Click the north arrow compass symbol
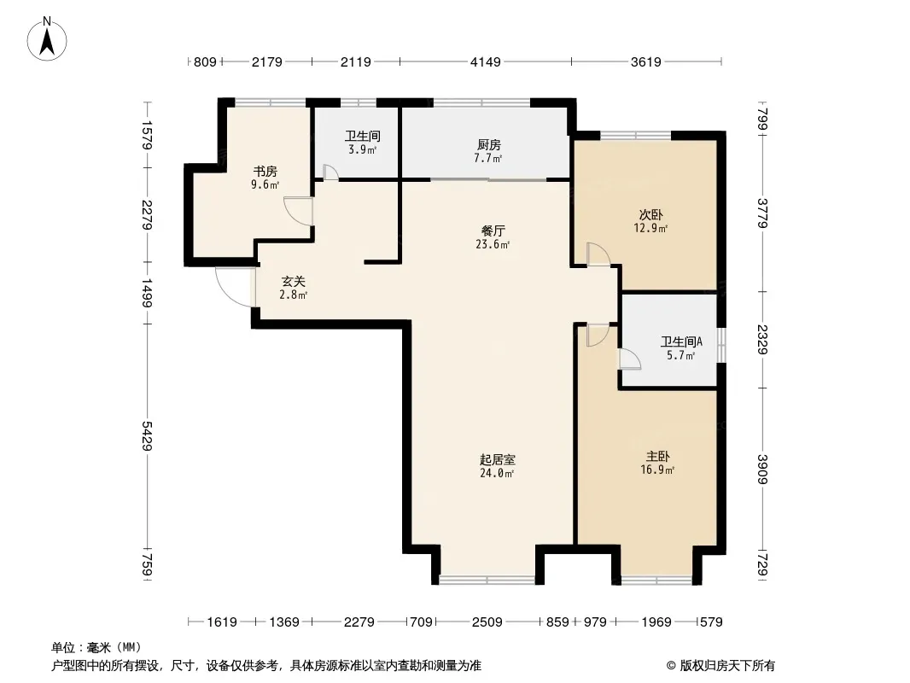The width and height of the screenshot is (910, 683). (x=47, y=38)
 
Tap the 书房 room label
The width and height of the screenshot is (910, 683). (x=265, y=172)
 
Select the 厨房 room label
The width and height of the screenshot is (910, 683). (x=489, y=145)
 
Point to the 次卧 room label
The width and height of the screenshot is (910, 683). (x=650, y=215)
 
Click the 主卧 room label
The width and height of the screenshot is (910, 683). (x=657, y=457)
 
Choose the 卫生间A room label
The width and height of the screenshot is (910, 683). (x=681, y=341)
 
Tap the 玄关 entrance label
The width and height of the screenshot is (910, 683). (x=294, y=282)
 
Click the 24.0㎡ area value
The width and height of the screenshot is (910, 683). (x=497, y=473)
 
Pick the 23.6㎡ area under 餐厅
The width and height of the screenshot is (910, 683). (x=493, y=244)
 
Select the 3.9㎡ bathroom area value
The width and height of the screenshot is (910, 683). (x=363, y=149)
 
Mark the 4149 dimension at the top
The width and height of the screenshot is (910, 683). (x=485, y=61)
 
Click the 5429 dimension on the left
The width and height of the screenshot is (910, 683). (x=148, y=435)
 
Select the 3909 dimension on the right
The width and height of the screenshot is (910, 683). (x=763, y=469)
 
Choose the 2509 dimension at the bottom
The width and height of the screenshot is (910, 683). (x=487, y=622)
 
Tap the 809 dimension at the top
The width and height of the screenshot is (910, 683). (x=205, y=61)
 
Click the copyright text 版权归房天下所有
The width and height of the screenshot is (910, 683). (x=727, y=666)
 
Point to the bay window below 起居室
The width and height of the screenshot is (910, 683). (x=487, y=579)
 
